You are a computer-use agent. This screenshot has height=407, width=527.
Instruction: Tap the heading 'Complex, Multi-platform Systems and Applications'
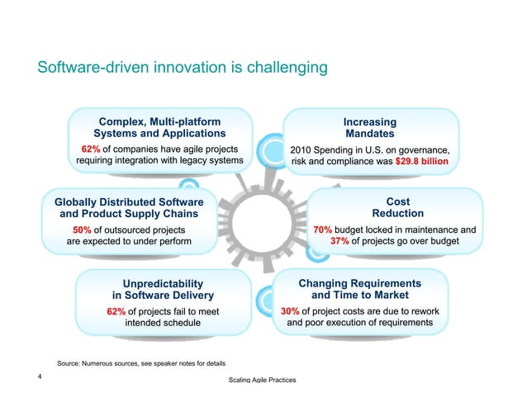(159, 126)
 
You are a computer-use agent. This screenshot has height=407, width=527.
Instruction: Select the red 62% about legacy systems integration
(90, 149)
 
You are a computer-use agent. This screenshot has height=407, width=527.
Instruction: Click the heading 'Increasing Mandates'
(369, 127)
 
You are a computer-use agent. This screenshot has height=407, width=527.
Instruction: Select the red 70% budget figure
(322, 230)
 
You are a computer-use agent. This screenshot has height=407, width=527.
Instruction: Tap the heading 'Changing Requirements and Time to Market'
(359, 289)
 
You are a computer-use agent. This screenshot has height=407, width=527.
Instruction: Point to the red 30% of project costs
(289, 311)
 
